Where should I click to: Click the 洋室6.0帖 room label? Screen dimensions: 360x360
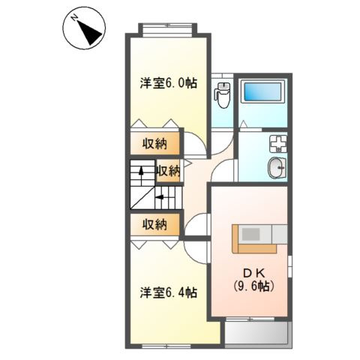pyautogui.click(x=169, y=84)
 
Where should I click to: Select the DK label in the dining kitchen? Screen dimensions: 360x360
pyautogui.click(x=249, y=271)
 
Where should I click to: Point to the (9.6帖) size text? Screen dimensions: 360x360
pyautogui.click(x=250, y=286)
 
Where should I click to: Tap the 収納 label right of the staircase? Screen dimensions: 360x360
pyautogui.click(x=168, y=170)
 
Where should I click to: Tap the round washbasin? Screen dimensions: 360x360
pyautogui.click(x=275, y=167)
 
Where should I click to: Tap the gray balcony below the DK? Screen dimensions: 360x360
pyautogui.click(x=257, y=334)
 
